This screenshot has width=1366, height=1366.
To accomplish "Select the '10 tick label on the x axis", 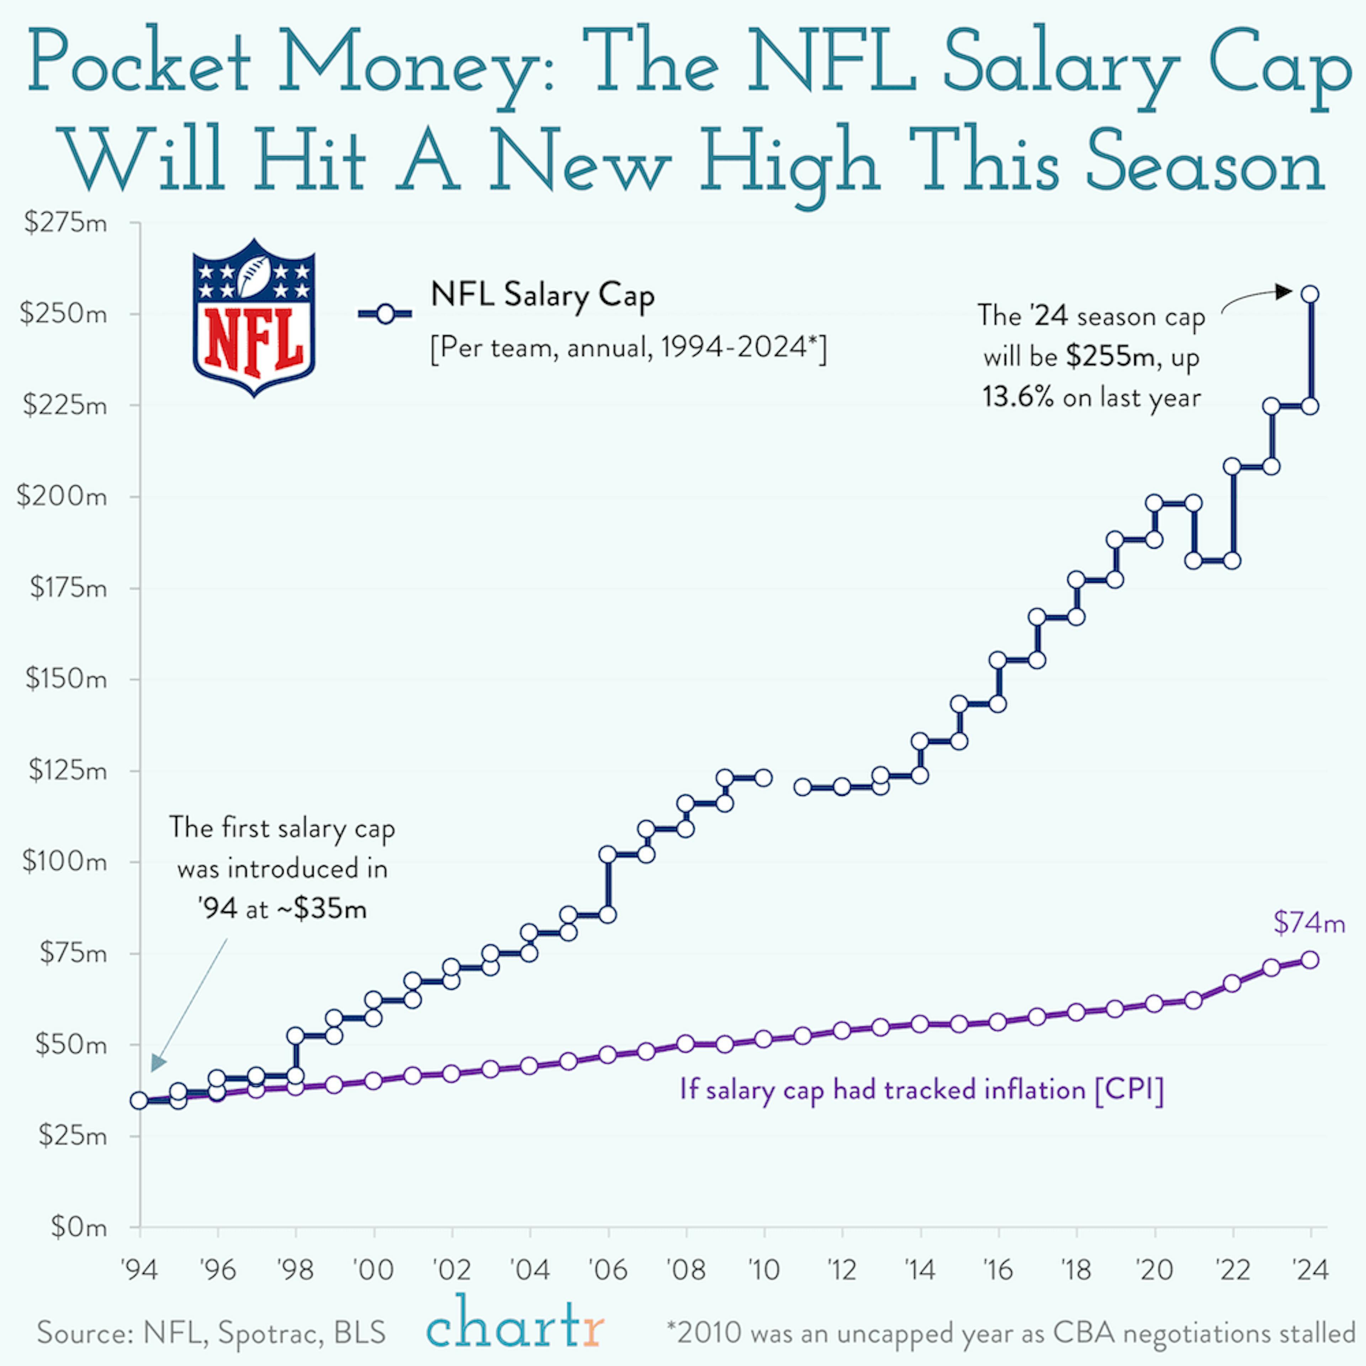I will click(x=764, y=1271).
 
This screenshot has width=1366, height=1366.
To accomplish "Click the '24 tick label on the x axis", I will click(x=1310, y=1271).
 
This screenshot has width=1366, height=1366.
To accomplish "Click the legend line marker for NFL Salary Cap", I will click(x=385, y=314).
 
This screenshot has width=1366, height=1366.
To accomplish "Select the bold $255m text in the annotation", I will click(x=1110, y=357).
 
